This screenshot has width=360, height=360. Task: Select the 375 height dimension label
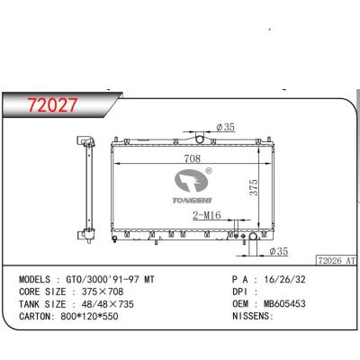click(x=255, y=186)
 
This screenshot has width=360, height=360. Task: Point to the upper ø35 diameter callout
click(x=226, y=128)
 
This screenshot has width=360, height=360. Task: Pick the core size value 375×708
click(x=113, y=292)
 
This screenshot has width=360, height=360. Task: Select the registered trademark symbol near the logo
click(x=208, y=170)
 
